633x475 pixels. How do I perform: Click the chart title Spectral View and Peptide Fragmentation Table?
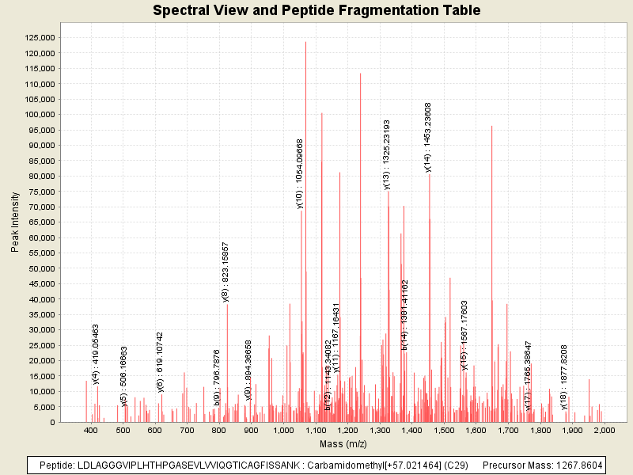[x=316, y=11]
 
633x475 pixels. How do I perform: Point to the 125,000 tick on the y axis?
[x=38, y=37]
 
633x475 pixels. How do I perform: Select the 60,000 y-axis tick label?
[x=40, y=237]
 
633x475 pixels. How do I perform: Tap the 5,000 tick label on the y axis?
[x=43, y=407]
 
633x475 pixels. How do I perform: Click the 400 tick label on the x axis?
[x=91, y=430]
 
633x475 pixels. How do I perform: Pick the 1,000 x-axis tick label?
[x=283, y=430]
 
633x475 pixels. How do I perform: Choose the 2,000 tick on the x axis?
[x=604, y=430]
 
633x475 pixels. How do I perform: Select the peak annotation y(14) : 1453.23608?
[x=428, y=137]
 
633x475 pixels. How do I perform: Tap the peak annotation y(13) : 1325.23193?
[x=387, y=155]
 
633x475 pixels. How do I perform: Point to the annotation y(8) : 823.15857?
[x=226, y=272]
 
